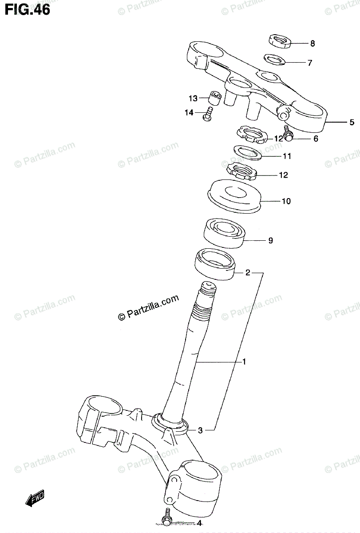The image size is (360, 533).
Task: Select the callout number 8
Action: pos(313,44)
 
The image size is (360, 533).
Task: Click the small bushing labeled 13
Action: pos(215,98)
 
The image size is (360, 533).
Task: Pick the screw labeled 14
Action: pos(208,113)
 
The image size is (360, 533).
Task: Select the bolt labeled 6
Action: pos(287,134)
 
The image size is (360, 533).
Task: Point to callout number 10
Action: pos(286,201)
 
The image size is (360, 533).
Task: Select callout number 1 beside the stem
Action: pos(244,362)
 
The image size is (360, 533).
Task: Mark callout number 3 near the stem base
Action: pos(200,430)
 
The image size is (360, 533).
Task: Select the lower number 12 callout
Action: pos(283,175)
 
